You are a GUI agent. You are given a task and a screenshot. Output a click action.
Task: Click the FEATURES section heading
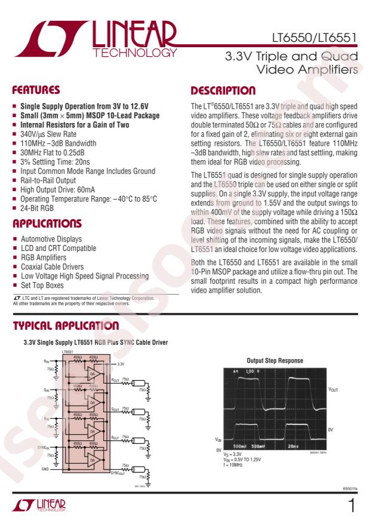click(x=37, y=91)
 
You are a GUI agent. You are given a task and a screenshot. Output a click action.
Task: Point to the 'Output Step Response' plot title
click(x=275, y=360)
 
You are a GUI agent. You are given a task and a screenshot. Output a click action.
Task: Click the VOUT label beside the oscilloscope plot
click(x=332, y=389)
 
